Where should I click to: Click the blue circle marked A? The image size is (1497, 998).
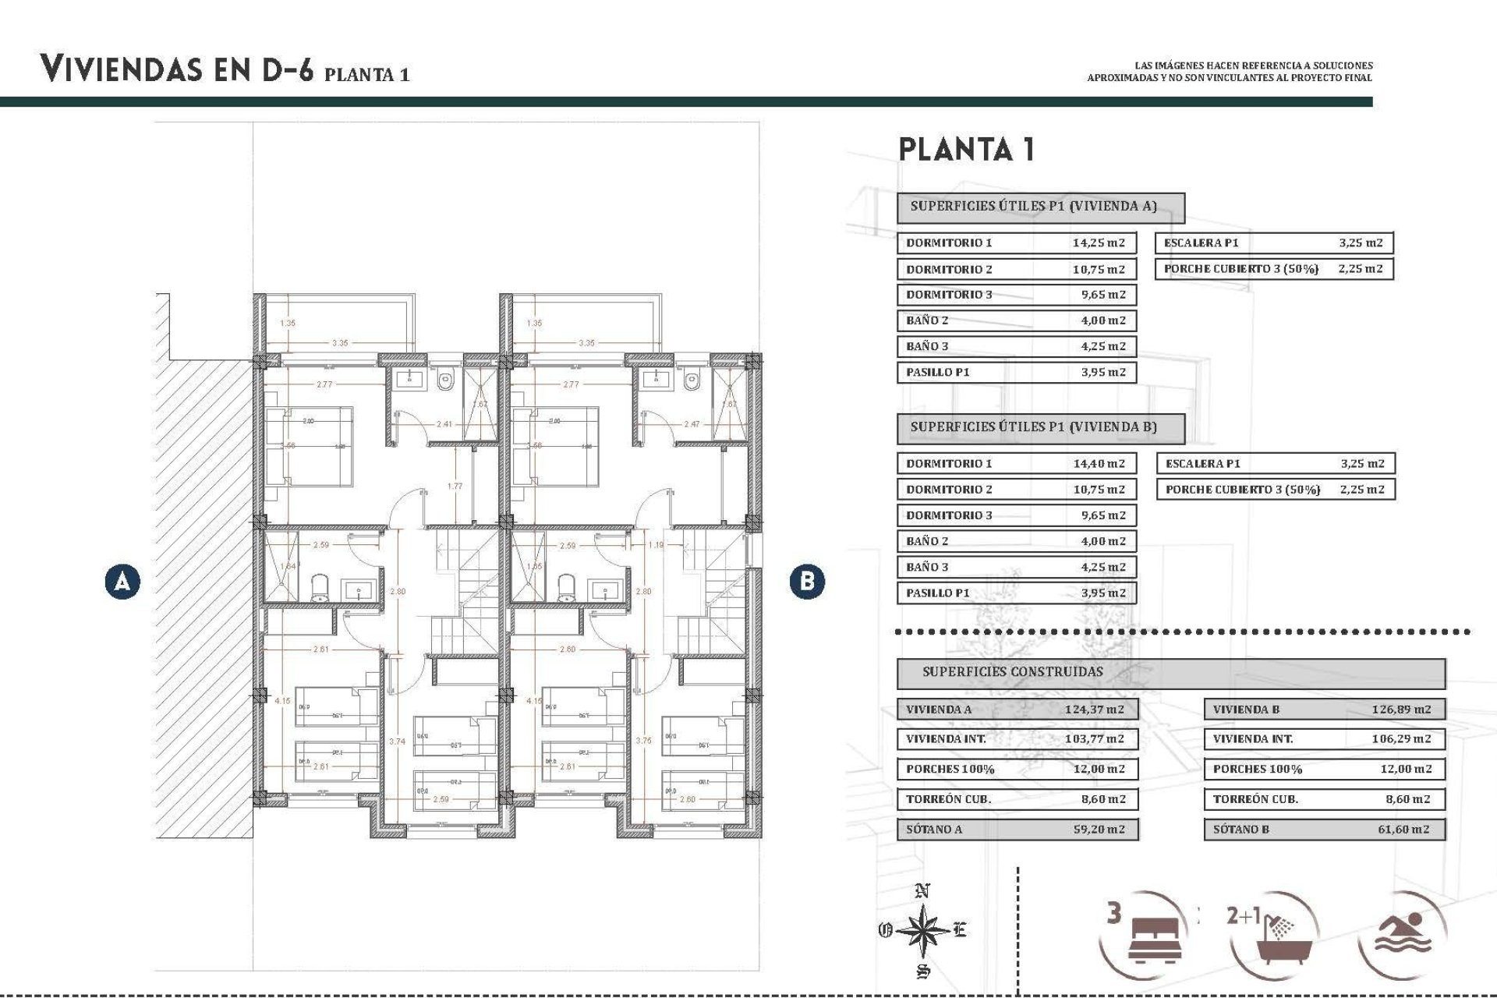pos(122,582)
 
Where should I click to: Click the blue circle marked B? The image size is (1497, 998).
pos(806,582)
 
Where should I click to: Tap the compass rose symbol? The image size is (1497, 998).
pos(923,930)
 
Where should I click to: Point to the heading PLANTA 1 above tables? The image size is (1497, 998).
pos(967,150)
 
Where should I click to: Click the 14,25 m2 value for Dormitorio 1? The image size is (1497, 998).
pos(1099,242)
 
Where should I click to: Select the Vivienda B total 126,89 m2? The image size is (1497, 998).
pos(1401,710)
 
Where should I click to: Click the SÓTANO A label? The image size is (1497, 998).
pos(934,829)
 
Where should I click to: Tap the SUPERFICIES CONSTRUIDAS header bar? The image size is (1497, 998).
pos(1170,672)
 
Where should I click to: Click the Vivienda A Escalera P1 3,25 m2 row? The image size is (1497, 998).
pos(1273,242)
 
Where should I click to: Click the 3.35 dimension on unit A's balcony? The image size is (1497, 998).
pos(340,343)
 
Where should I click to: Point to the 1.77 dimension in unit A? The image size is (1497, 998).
pos(455,487)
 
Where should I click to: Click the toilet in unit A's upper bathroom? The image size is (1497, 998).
pos(445,382)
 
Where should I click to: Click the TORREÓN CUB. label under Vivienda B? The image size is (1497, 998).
pos(1255,799)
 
